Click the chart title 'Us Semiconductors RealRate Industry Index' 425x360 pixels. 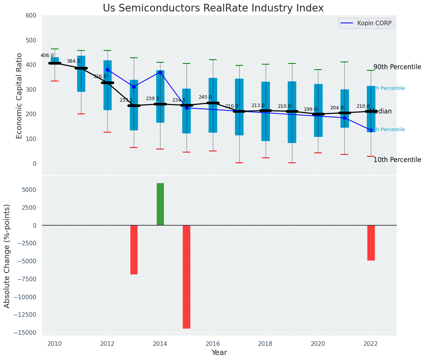point(213,8)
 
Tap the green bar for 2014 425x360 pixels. point(160,204)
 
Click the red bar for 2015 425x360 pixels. point(187,277)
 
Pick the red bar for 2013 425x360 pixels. point(134,250)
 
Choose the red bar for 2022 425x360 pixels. point(371,243)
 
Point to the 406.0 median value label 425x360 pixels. point(47,55)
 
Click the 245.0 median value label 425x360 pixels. point(205,97)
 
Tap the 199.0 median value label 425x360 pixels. point(310,109)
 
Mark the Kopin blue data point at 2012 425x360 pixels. point(107,70)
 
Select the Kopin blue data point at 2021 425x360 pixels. point(344,118)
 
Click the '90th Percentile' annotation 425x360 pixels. point(397,67)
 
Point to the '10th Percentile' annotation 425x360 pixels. point(397,160)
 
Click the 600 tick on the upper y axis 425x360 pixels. point(31,16)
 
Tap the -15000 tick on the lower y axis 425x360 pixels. point(25,332)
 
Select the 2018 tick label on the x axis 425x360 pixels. point(265,344)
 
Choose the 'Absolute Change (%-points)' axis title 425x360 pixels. point(7,256)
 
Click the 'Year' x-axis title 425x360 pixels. point(219,353)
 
